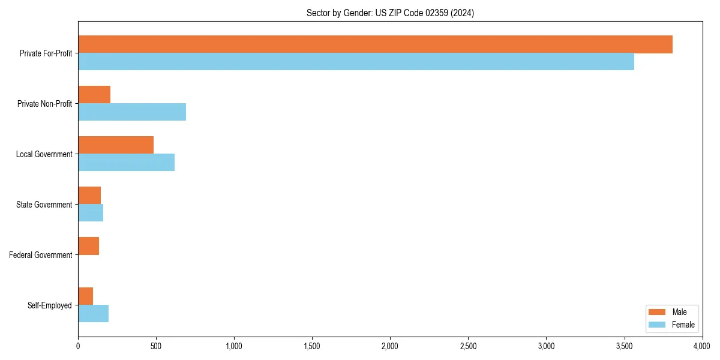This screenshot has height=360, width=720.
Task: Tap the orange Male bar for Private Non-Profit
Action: [x=94, y=95]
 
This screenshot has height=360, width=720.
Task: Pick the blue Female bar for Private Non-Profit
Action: [x=132, y=112]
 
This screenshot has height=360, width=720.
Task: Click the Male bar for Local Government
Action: [x=116, y=145]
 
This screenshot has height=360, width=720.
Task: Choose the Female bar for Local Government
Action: [x=126, y=163]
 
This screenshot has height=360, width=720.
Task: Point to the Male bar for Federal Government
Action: [x=88, y=246]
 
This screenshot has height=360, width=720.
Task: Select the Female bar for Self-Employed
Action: [x=93, y=314]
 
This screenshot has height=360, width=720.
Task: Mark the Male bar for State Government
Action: [x=89, y=196]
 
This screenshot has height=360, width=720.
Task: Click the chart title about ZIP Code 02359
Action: [x=390, y=13]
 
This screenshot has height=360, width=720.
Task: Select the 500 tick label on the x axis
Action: [x=156, y=346]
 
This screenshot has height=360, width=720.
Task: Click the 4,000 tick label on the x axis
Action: [x=701, y=346]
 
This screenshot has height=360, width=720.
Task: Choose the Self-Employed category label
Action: [x=50, y=305]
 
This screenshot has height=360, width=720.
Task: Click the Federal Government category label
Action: [x=41, y=255]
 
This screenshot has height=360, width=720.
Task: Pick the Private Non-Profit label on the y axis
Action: [x=44, y=104]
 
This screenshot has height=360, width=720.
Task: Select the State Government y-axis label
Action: [x=44, y=205]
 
